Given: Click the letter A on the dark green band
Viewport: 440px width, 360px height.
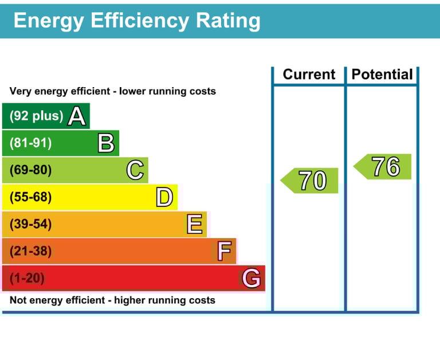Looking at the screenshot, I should pyautogui.click(x=77, y=116).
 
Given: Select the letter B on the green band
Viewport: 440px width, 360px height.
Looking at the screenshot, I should pyautogui.click(x=106, y=143).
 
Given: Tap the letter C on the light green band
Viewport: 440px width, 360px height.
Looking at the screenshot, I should pyautogui.click(x=135, y=170).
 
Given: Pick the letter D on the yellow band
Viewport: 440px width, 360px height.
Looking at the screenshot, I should pyautogui.click(x=164, y=198).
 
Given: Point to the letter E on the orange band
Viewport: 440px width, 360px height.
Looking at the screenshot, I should pyautogui.click(x=195, y=225).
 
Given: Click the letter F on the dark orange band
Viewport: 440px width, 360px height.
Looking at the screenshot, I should pyautogui.click(x=224, y=251).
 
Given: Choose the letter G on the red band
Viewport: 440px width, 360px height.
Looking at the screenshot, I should pyautogui.click(x=252, y=279).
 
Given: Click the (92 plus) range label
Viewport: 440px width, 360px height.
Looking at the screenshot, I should pyautogui.click(x=36, y=116).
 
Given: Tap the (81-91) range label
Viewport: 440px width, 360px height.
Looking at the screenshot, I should pyautogui.click(x=30, y=143).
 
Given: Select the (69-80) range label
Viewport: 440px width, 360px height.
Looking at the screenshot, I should pyautogui.click(x=30, y=170).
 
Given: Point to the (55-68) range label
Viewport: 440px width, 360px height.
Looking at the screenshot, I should pyautogui.click(x=30, y=198).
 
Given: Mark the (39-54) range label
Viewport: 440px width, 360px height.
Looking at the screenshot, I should pyautogui.click(x=30, y=225).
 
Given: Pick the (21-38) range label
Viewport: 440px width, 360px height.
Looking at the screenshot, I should pyautogui.click(x=30, y=251).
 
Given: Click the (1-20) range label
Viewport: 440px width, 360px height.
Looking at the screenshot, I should pyautogui.click(x=27, y=279).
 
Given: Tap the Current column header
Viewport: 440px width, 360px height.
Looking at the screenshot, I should pyautogui.click(x=309, y=75).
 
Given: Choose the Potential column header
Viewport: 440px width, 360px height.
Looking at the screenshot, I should pyautogui.click(x=382, y=75).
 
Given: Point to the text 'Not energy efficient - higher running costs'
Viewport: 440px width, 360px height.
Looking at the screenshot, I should pyautogui.click(x=112, y=300).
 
